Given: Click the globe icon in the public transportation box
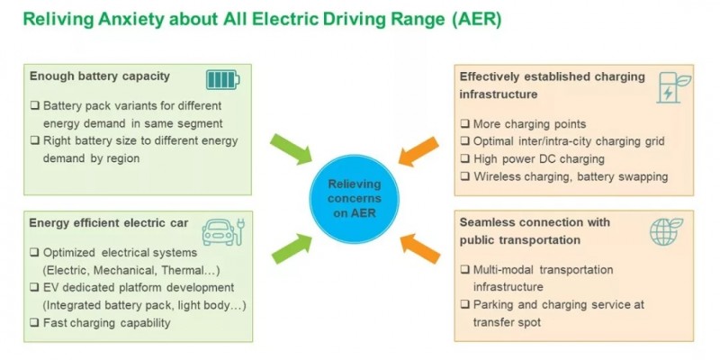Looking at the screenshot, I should [666, 231].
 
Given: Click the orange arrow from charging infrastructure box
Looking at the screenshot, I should [415, 146].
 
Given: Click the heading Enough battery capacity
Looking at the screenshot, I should [99, 77].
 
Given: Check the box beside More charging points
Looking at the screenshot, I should [464, 124].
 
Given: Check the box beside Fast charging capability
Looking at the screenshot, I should [34, 322].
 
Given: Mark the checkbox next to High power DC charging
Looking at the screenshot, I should [464, 159].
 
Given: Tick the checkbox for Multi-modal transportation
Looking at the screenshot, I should [464, 270].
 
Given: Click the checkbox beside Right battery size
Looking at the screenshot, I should [34, 140].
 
